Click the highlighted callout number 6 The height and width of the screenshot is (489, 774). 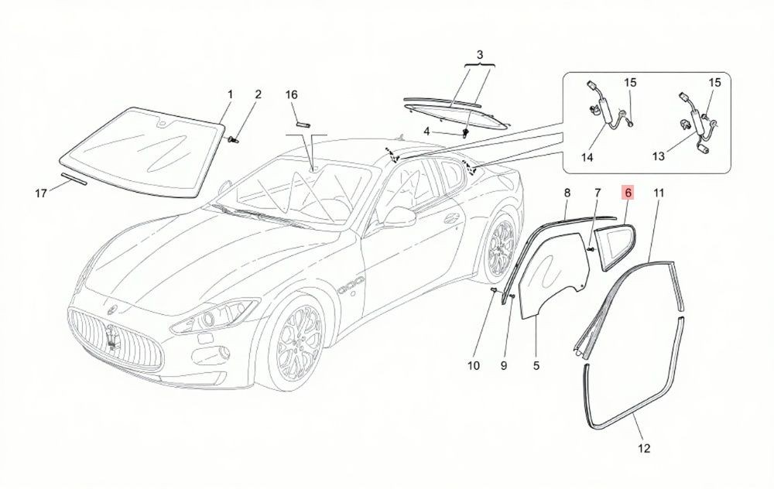(628, 193)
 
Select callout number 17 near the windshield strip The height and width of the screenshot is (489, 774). (41, 193)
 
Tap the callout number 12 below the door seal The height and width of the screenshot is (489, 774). (644, 448)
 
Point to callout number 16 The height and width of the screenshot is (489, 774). (292, 94)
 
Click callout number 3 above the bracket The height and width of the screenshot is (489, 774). (480, 54)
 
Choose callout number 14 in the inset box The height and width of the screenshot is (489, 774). (587, 157)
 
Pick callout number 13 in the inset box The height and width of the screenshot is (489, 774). (659, 156)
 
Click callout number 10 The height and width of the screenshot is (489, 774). (474, 366)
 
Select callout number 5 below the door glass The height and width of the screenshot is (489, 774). (536, 366)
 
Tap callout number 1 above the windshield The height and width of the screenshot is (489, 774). (230, 94)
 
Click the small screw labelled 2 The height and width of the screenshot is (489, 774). (235, 140)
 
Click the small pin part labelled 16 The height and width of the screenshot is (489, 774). (303, 124)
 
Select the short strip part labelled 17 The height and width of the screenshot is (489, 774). (74, 179)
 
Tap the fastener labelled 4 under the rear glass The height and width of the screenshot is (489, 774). (465, 132)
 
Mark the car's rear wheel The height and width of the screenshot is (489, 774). (501, 247)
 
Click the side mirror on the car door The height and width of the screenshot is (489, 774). (399, 217)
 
